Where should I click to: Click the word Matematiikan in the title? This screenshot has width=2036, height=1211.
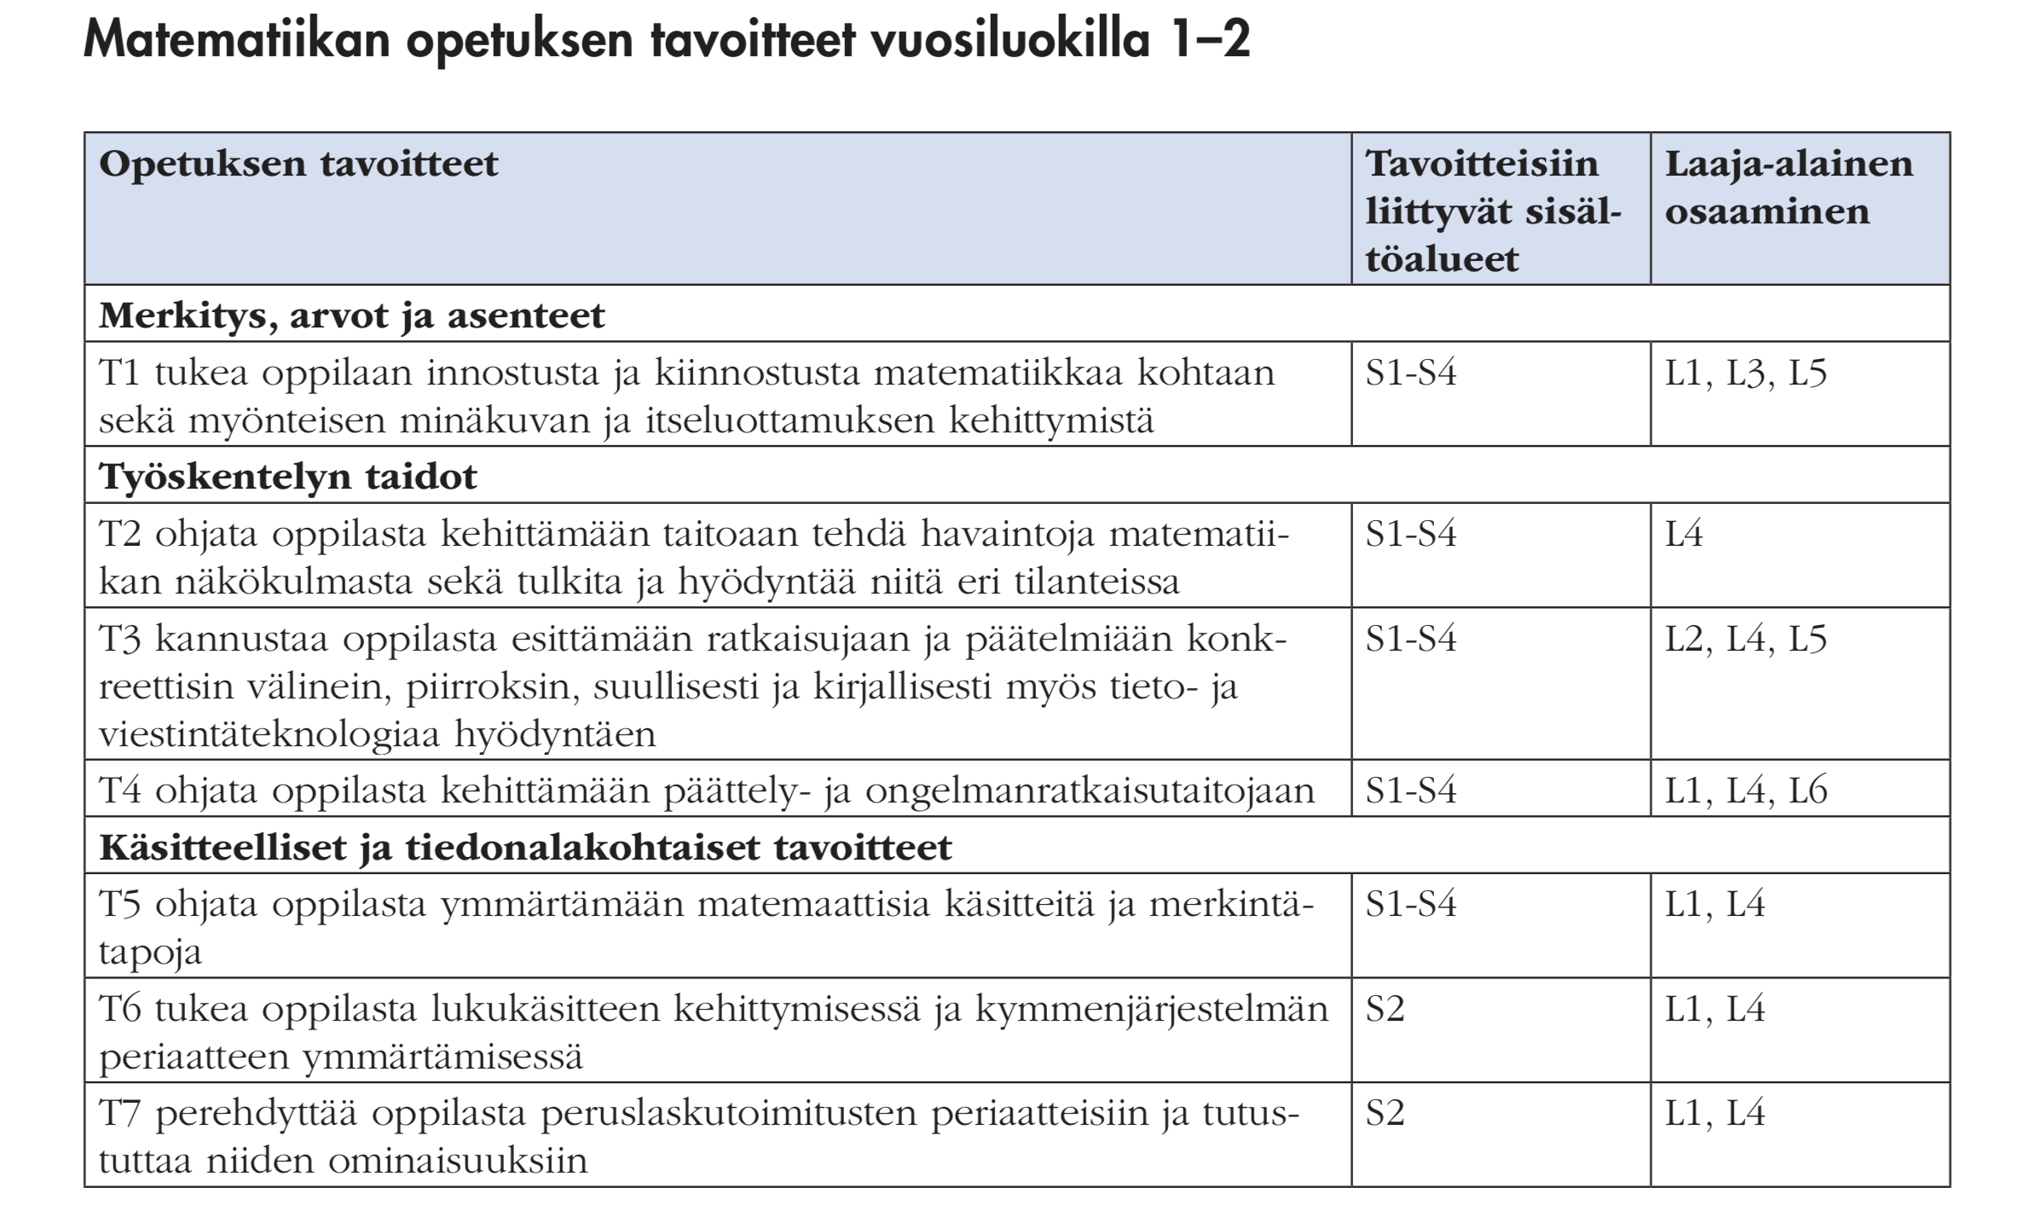coord(235,40)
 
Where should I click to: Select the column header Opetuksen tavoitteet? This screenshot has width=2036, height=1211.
coord(298,164)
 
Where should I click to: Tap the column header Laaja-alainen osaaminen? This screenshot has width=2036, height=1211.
coord(1788,188)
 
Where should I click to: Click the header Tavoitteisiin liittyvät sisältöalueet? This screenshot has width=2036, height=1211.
coord(1493,211)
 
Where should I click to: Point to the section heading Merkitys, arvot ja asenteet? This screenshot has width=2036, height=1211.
coord(351,316)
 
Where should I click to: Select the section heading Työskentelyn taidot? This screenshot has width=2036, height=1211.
coord(288,477)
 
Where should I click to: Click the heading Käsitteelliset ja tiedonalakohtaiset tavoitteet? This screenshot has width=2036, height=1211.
coord(525,848)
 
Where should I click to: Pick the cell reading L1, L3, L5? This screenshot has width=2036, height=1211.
coord(1745,374)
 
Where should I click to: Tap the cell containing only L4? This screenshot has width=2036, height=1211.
coord(1684,535)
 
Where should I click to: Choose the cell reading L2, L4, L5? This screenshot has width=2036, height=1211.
coord(1745,640)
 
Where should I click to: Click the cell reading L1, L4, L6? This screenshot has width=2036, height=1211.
coord(1746,791)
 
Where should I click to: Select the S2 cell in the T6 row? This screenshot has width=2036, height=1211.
coord(1385,1010)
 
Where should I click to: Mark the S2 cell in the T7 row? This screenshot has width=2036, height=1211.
coord(1385,1114)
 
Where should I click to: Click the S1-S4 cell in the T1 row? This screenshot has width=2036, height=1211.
coord(1411,374)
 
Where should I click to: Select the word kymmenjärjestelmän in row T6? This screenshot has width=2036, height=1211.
coord(1151,1010)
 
